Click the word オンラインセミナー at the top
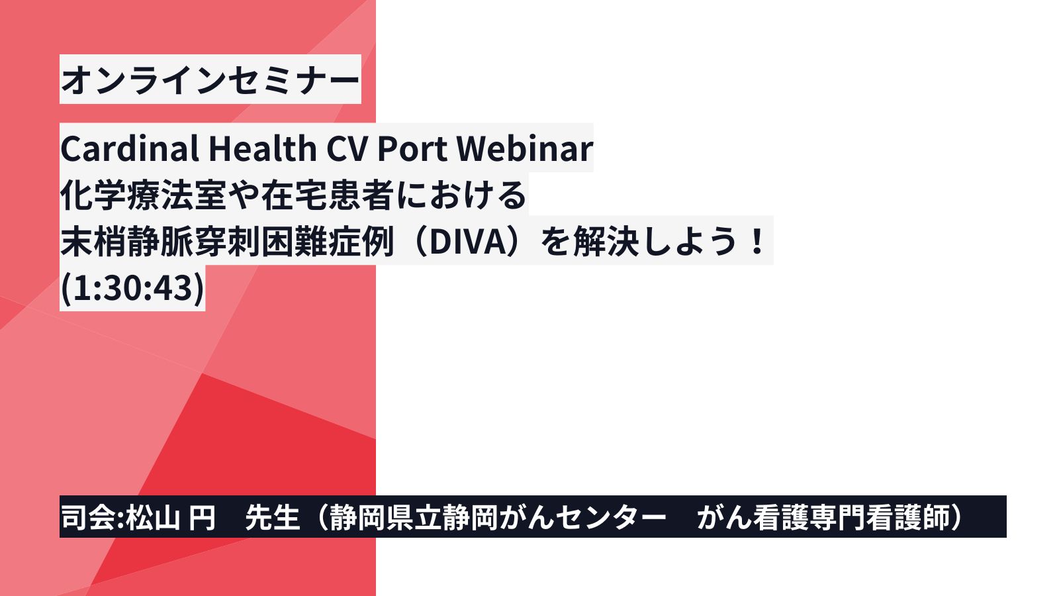tap(210, 79)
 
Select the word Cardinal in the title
tap(130, 148)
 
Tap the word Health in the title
tap(262, 148)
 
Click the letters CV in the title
tap(347, 148)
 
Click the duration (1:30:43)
tap(133, 287)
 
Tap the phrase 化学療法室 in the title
tap(144, 195)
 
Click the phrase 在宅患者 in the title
tap(327, 195)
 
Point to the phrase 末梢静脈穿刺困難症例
tap(228, 242)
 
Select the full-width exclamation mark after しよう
tap(757, 241)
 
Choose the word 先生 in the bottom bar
tap(272, 517)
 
